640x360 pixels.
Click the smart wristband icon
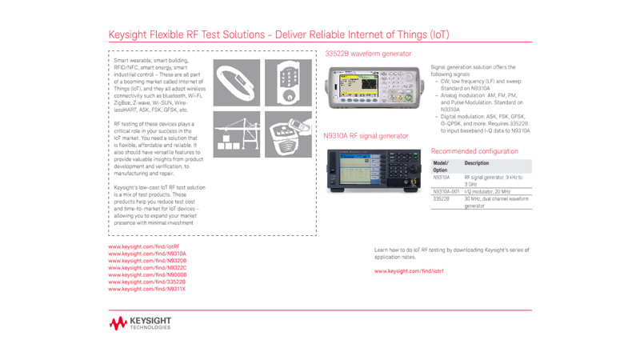236,83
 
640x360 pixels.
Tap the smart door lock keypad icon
289,83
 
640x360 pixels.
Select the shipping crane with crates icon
236,134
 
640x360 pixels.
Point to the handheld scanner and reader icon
289,134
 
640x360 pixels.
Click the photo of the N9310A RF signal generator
373,170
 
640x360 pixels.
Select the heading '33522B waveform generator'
368,54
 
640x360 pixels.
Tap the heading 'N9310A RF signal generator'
366,136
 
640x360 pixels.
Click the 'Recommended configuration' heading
474,151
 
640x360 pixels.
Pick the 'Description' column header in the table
477,163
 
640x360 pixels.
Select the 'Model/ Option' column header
441,166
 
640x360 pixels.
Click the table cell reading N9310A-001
446,192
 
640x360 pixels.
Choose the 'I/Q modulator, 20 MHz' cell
487,192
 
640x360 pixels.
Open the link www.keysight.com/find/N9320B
147,261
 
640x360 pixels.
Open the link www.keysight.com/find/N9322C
147,268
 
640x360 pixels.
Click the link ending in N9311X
146,289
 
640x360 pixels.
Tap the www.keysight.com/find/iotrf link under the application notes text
409,271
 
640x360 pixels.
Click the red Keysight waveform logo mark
118,323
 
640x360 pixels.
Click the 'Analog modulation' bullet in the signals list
478,95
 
